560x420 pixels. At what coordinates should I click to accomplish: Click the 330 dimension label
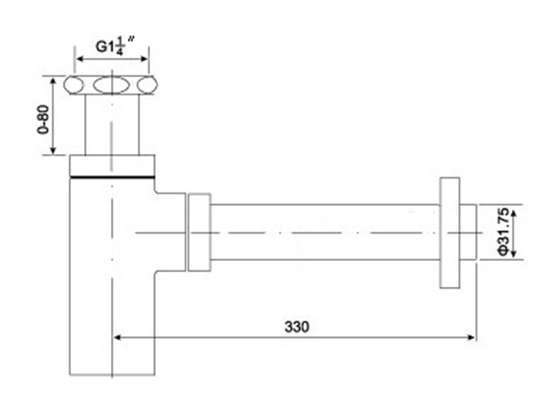pos(297,326)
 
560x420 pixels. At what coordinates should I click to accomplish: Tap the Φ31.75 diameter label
pos(504,232)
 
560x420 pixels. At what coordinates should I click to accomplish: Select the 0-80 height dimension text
pos(43,119)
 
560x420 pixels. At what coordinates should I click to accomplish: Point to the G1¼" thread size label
pos(115,46)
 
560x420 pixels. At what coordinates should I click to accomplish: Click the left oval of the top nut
pos(73,85)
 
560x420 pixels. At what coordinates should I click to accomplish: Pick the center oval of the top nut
pos(111,85)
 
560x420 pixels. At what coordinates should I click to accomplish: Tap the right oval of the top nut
pos(148,85)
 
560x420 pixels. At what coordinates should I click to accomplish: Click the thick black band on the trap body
pos(112,177)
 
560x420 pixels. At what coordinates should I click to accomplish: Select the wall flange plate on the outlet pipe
pos(450,233)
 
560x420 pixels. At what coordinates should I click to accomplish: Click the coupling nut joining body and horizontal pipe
pos(199,233)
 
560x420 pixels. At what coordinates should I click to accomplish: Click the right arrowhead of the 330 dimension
pos(472,337)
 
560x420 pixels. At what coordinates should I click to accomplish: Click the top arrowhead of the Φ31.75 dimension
pos(514,214)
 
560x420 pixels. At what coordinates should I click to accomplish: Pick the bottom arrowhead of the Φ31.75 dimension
pos(514,253)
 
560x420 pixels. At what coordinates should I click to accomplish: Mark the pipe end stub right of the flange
pos(468,233)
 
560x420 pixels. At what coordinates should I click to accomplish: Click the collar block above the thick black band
pos(112,165)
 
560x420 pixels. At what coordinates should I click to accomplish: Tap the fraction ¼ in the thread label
pos(120,46)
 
